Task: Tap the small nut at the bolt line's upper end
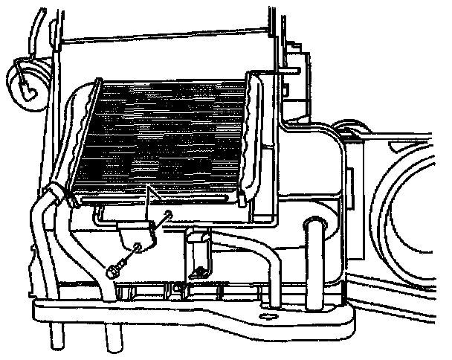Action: (x=169, y=217)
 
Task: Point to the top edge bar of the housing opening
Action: (x=164, y=35)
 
